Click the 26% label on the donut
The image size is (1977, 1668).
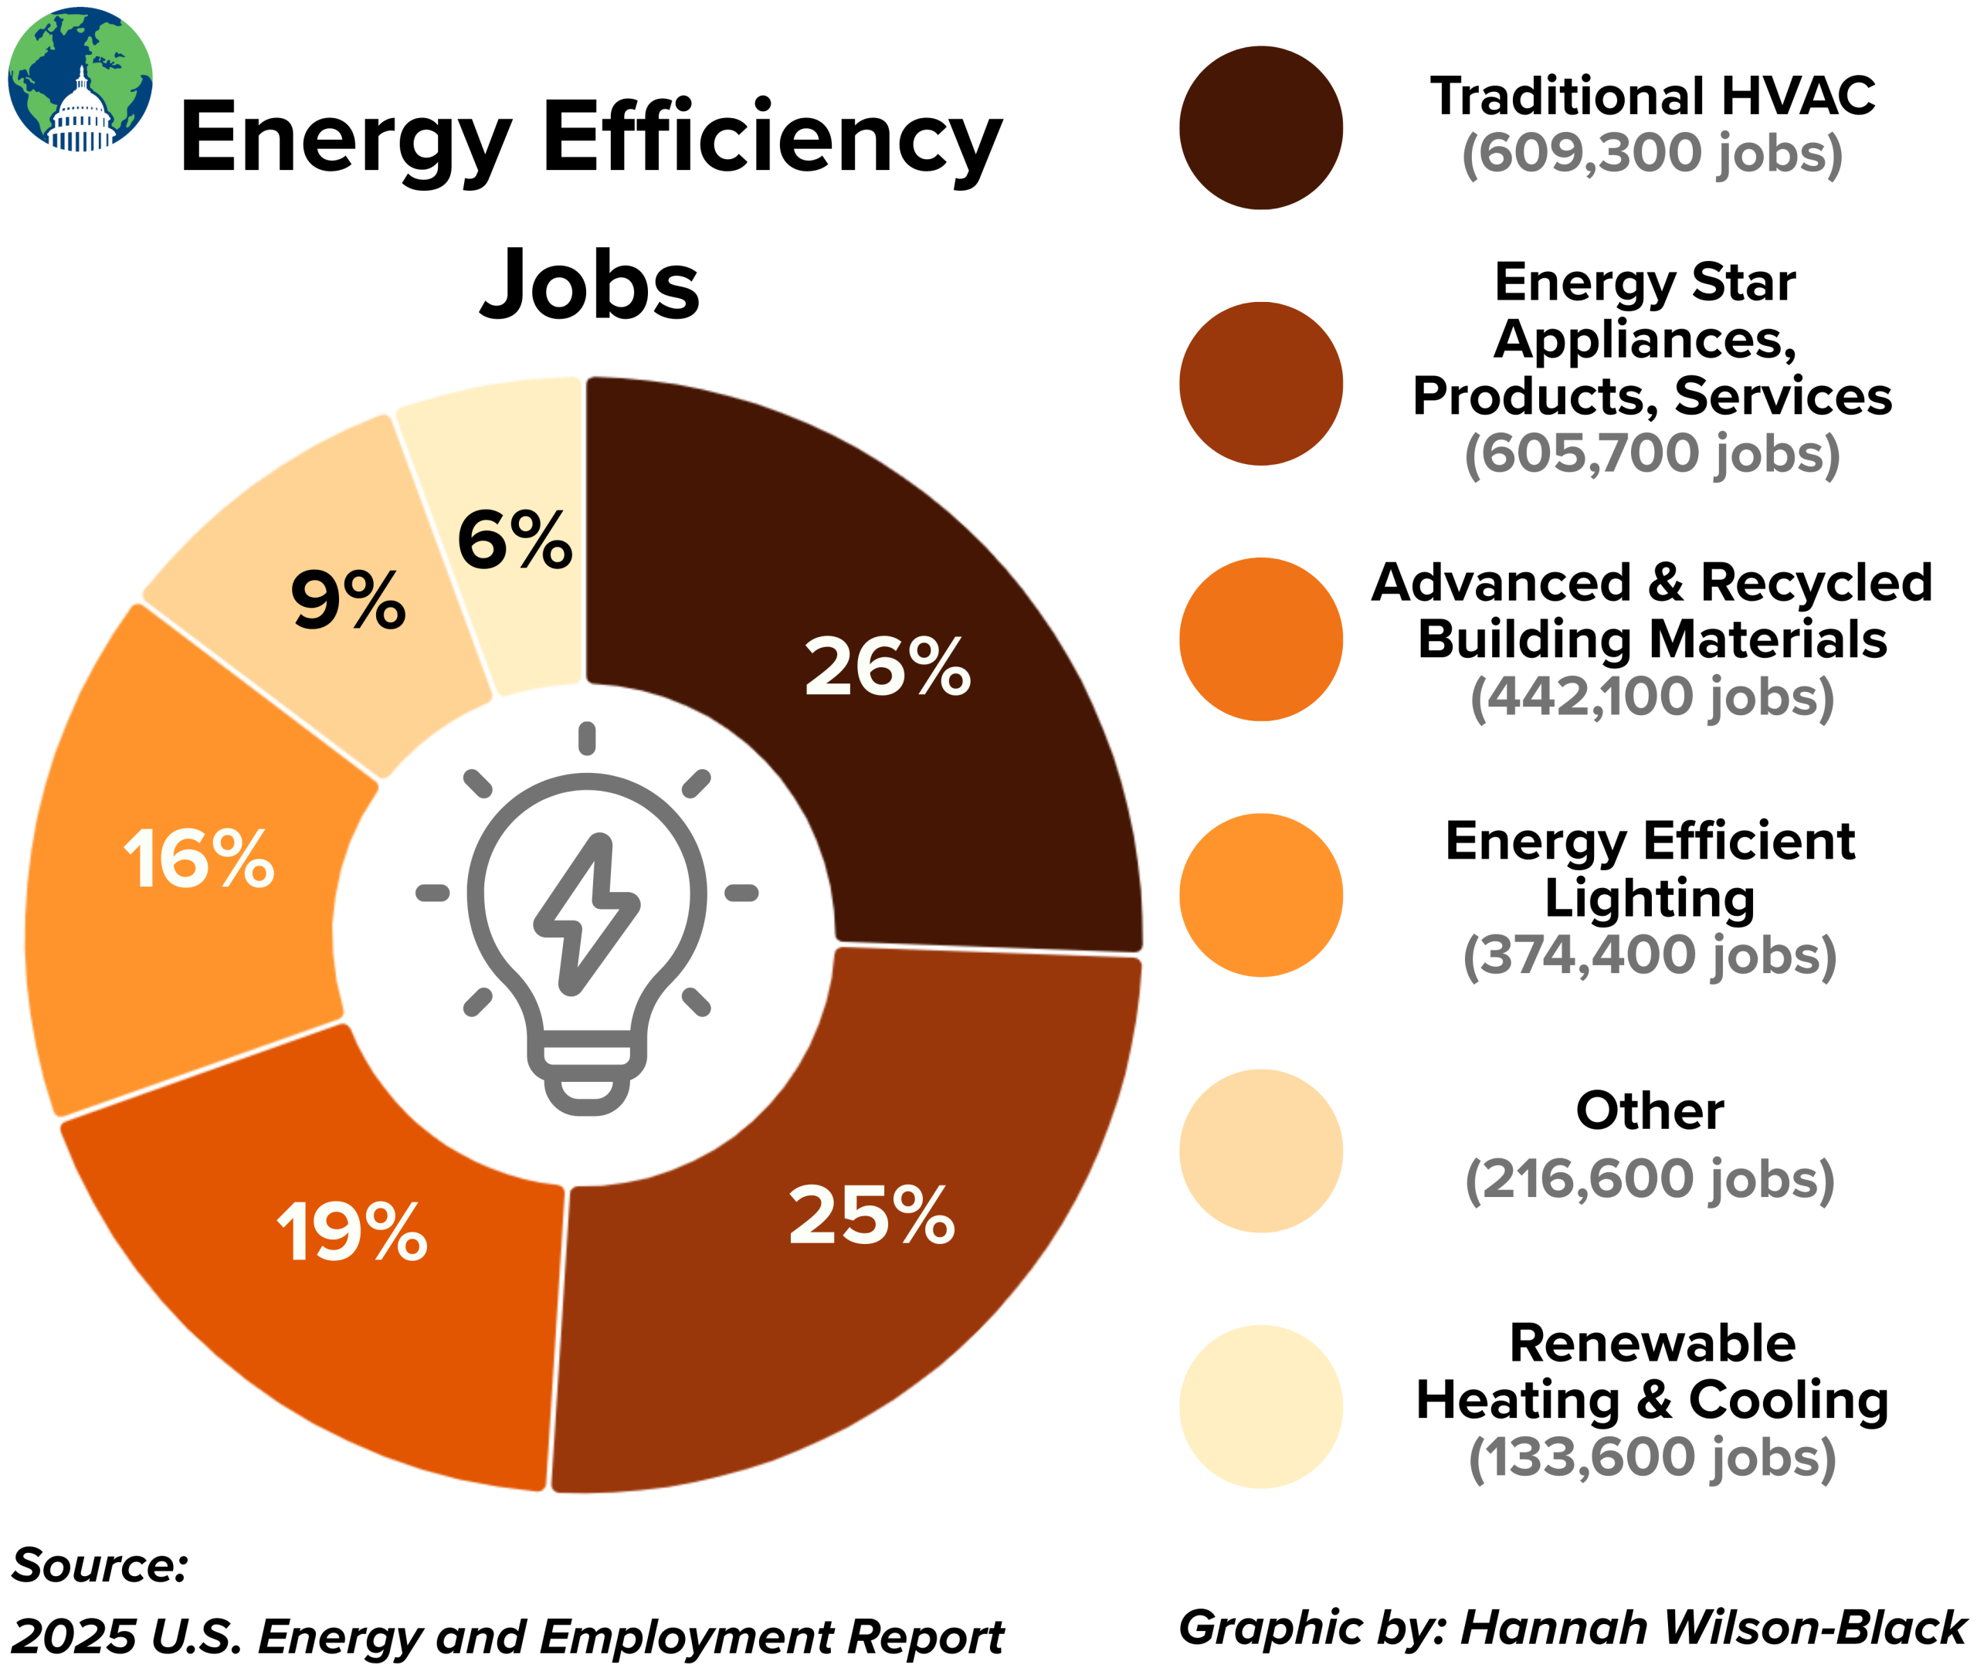click(887, 667)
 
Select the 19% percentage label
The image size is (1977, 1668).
click(351, 1232)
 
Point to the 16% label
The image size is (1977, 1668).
click(199, 859)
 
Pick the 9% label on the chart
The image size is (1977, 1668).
click(348, 601)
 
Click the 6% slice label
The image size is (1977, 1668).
click(514, 541)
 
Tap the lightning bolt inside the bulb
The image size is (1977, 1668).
click(586, 914)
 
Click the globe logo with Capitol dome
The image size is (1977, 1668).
click(80, 80)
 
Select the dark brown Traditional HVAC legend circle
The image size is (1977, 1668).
click(1260, 127)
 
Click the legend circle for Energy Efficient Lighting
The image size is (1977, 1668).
click(1260, 894)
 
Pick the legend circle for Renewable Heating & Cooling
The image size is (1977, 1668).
click(1260, 1406)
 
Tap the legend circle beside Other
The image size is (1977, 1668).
click(1260, 1151)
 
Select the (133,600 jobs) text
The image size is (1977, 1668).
click(1651, 1457)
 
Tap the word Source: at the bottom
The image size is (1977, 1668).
click(100, 1565)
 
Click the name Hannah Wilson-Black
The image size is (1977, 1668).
click(1712, 1627)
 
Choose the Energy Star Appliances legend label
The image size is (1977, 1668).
click(1651, 338)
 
